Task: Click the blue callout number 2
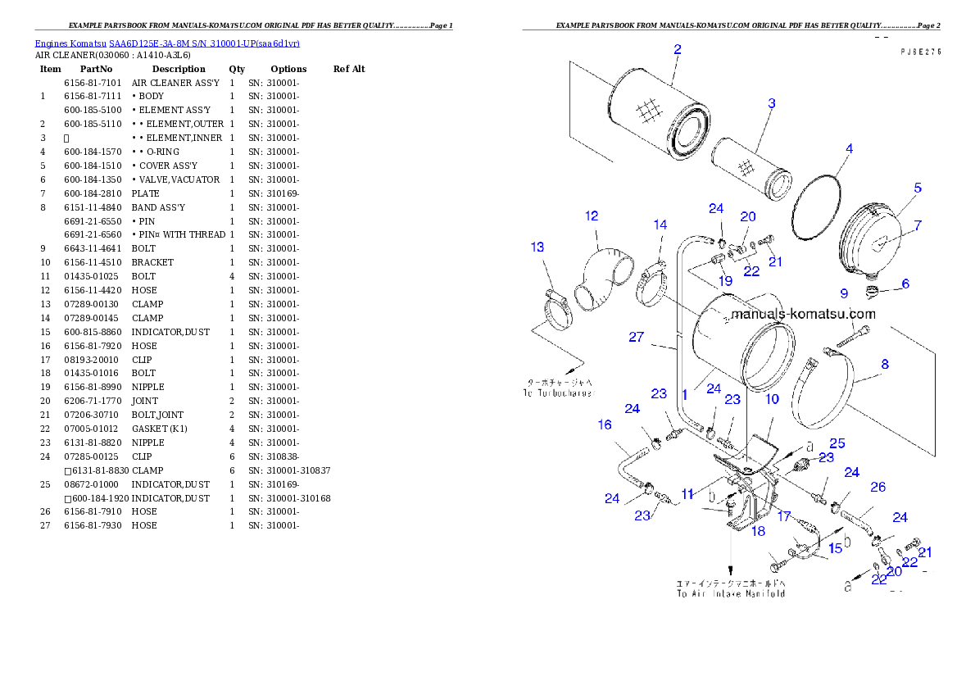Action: (678, 49)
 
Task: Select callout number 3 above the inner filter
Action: (771, 104)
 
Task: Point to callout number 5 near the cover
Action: (918, 188)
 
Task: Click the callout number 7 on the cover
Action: (918, 225)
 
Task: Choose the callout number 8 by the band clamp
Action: (885, 364)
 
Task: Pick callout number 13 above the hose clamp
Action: (537, 247)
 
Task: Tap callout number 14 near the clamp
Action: (660, 225)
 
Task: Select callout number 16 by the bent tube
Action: (605, 424)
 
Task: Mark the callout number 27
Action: (637, 337)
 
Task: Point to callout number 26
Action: (877, 487)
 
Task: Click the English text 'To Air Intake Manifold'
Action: (730, 592)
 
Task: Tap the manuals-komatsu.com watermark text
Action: (802, 314)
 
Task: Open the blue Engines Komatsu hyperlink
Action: (167, 43)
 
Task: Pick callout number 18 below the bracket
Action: (758, 531)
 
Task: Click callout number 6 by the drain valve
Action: (905, 284)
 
